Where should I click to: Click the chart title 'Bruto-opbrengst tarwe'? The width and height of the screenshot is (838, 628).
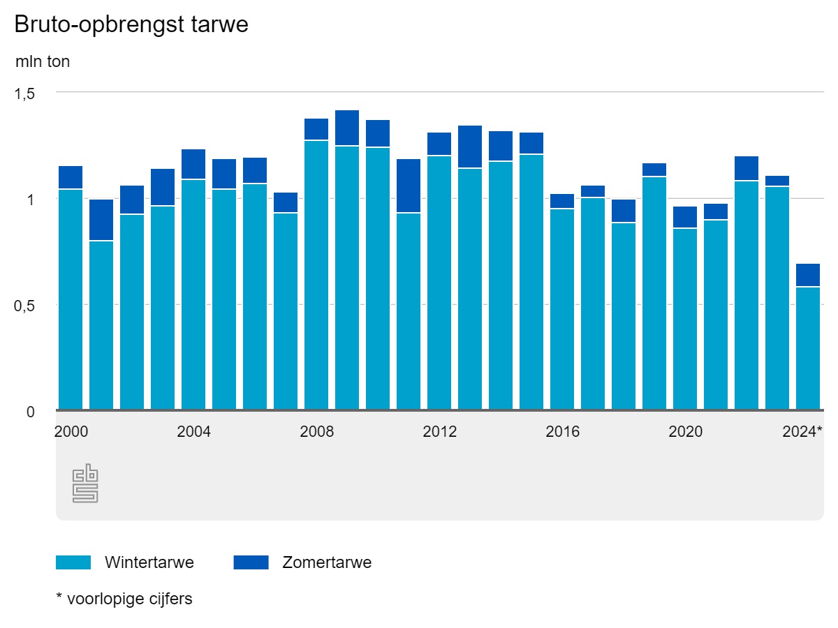pos(131,24)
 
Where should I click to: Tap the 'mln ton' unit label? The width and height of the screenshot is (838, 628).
pos(43,61)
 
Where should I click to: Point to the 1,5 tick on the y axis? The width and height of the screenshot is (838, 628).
pos(25,93)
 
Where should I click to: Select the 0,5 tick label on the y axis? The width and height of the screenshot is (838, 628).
pos(25,306)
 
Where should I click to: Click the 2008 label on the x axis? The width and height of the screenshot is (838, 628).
pos(316,432)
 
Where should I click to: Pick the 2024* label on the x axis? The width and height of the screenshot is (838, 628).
pos(801,432)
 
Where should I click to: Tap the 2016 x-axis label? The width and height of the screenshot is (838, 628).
pos(562,432)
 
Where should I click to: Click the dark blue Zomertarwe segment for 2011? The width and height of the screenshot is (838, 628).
pos(409,186)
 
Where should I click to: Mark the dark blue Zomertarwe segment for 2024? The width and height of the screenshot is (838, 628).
pos(808,275)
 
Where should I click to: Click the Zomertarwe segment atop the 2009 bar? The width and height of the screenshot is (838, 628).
pos(347,128)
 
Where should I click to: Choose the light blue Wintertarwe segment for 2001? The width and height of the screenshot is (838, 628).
pos(101,324)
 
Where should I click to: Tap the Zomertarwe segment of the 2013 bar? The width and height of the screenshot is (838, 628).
pos(470,147)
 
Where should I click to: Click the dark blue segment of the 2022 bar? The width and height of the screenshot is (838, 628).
pos(747,168)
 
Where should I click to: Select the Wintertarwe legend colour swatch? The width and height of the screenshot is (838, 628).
pos(73,562)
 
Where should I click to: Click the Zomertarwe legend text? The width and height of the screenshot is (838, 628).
pos(327,562)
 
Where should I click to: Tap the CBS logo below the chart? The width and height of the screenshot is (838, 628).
pos(85,485)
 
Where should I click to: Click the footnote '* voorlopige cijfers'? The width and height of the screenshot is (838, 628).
pos(124,599)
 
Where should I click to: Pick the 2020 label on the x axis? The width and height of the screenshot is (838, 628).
pos(685,432)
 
